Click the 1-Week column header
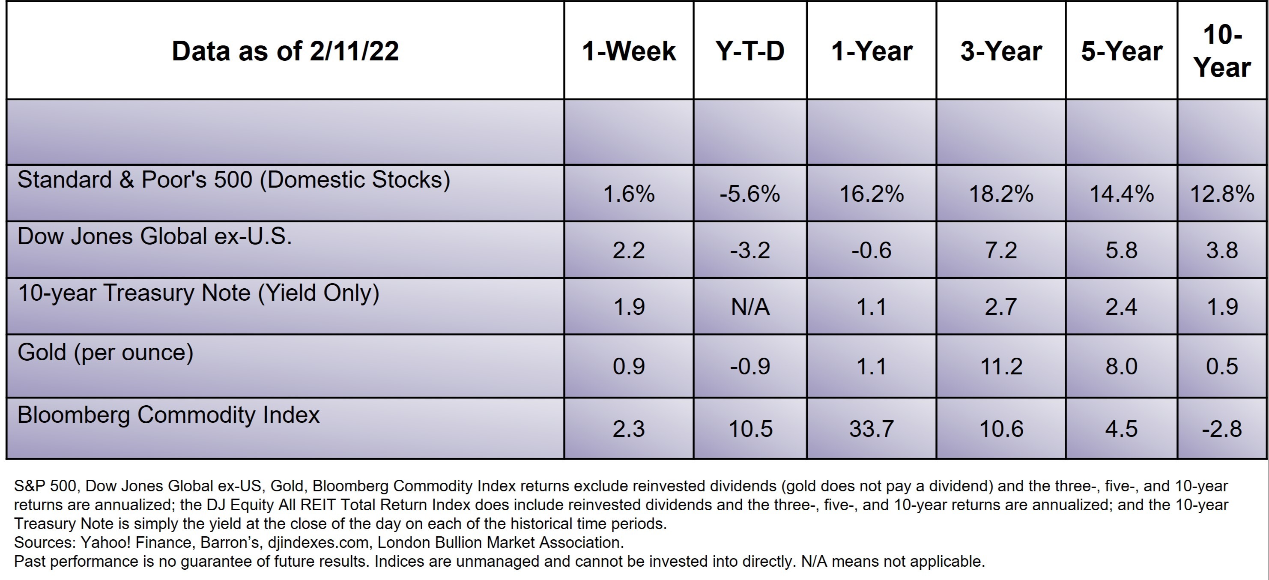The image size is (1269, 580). [x=629, y=51]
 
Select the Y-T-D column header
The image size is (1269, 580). [x=750, y=51]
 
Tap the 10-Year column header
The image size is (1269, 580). [x=1222, y=51]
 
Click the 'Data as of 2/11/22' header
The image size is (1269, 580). [x=285, y=51]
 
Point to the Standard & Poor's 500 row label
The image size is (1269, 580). [x=233, y=180]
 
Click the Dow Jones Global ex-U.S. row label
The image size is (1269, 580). [x=155, y=236]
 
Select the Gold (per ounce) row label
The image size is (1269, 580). [x=105, y=353]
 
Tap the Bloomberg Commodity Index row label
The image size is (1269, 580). [x=168, y=415]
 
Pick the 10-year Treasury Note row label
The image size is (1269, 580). [x=199, y=293]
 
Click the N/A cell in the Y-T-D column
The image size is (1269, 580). [x=750, y=307]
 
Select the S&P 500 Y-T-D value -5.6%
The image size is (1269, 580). [x=750, y=194]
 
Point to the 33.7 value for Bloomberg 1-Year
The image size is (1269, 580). [x=871, y=429]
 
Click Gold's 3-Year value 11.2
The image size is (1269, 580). [x=1001, y=367]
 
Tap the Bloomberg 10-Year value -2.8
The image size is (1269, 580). [x=1222, y=429]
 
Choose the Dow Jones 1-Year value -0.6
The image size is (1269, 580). [x=871, y=250]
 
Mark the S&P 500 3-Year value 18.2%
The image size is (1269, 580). [x=1001, y=194]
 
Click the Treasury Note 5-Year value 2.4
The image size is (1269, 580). [x=1121, y=307]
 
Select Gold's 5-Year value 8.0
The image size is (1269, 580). [x=1121, y=367]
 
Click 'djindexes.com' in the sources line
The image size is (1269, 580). [x=318, y=543]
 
